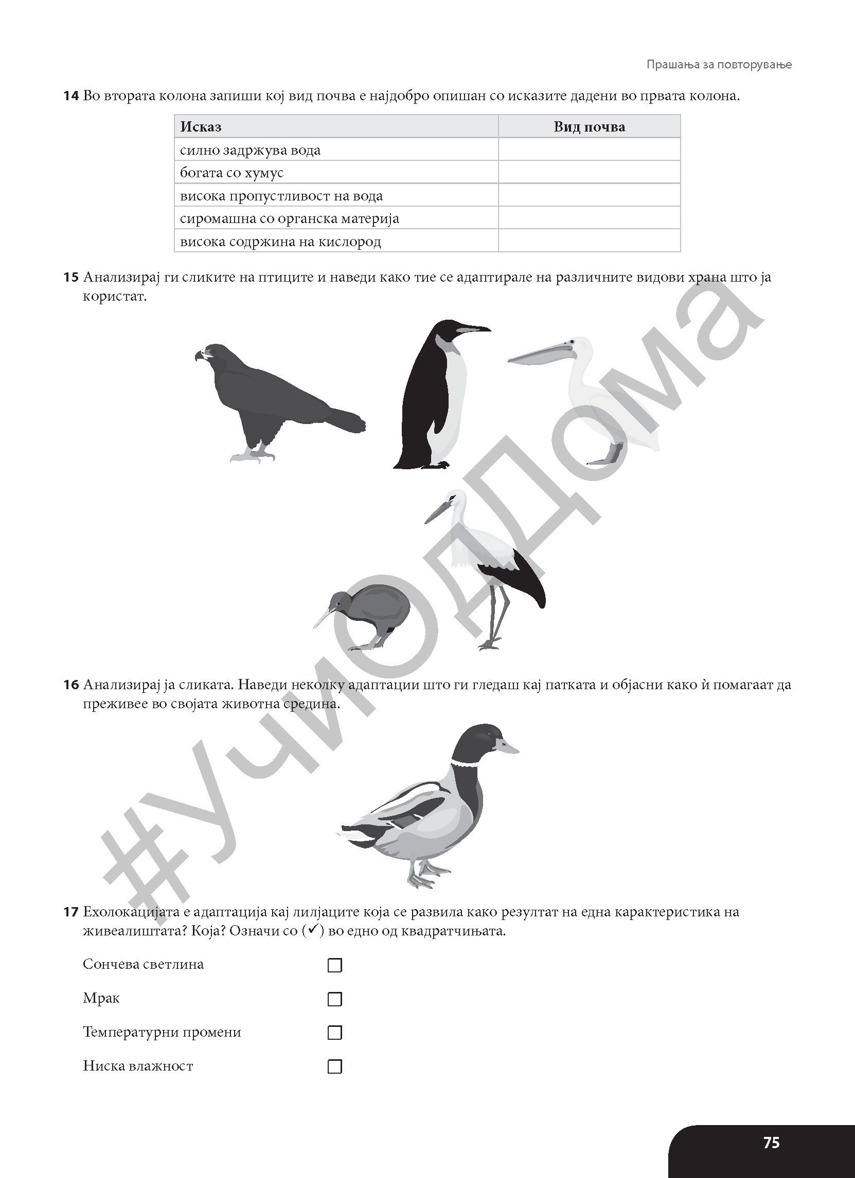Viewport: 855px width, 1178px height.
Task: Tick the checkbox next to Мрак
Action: [335, 999]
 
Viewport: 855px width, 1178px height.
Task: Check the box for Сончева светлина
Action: [335, 965]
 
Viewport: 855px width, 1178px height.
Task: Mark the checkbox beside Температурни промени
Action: [335, 1033]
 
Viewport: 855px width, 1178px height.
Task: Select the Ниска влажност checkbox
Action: [335, 1066]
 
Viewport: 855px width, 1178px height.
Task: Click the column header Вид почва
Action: [589, 127]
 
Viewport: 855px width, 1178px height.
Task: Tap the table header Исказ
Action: [201, 127]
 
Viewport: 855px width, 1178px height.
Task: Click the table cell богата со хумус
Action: [232, 173]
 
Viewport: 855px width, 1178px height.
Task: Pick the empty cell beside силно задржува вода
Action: [589, 150]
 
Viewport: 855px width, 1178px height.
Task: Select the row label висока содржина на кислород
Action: [280, 242]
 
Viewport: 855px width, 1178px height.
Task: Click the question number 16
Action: [71, 685]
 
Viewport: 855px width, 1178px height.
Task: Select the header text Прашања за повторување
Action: [719, 64]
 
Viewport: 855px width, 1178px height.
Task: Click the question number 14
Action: [71, 96]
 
